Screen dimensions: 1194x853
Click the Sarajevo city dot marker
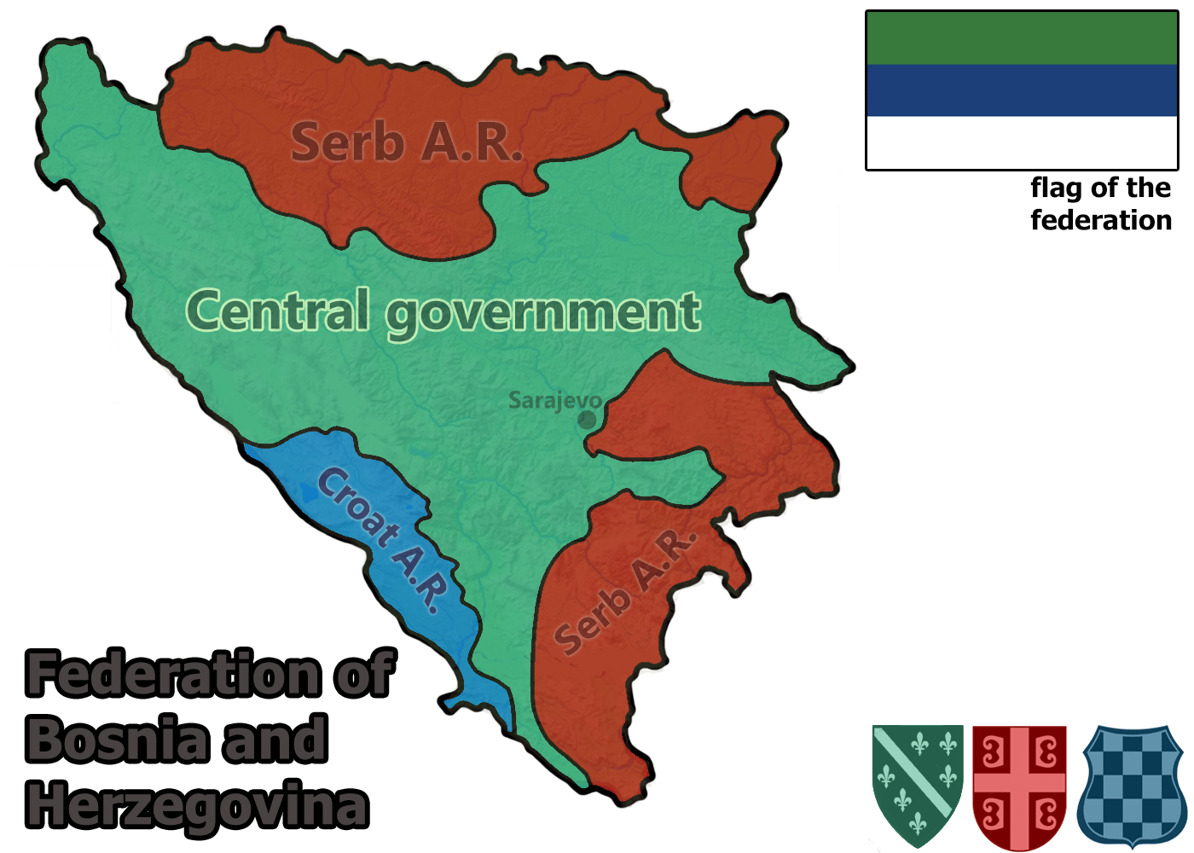[587, 420]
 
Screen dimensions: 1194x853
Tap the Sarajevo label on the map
[554, 400]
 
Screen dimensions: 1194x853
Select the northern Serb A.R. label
[405, 142]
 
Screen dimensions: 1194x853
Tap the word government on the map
[543, 313]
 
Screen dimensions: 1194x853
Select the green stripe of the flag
[1021, 38]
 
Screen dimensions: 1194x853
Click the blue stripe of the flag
[1021, 90]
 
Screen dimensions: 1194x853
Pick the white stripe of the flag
[1021, 142]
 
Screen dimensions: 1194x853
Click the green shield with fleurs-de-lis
[918, 785]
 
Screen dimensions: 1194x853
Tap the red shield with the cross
[1019, 785]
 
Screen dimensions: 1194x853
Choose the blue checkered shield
[1131, 785]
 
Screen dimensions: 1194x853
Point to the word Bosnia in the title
[118, 740]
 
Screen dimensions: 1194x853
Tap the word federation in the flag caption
[1101, 220]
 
